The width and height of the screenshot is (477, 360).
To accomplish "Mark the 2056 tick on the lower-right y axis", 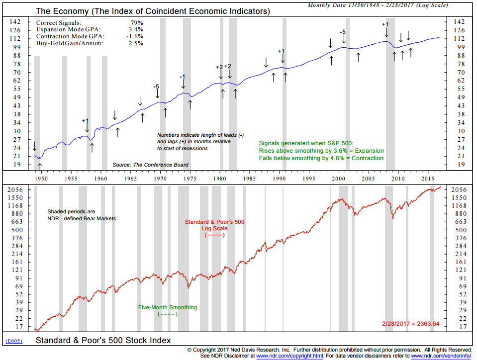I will click(459, 190).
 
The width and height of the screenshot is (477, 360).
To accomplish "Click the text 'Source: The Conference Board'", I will click(151, 165).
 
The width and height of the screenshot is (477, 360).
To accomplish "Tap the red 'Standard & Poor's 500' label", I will click(214, 222).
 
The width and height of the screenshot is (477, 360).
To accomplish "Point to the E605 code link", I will click(13, 341).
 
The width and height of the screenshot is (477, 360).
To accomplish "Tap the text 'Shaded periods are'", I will click(69, 211).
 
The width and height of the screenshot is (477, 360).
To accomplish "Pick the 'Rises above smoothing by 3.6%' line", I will click(321, 151).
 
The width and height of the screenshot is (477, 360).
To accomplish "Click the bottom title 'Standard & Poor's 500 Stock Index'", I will click(103, 341).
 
